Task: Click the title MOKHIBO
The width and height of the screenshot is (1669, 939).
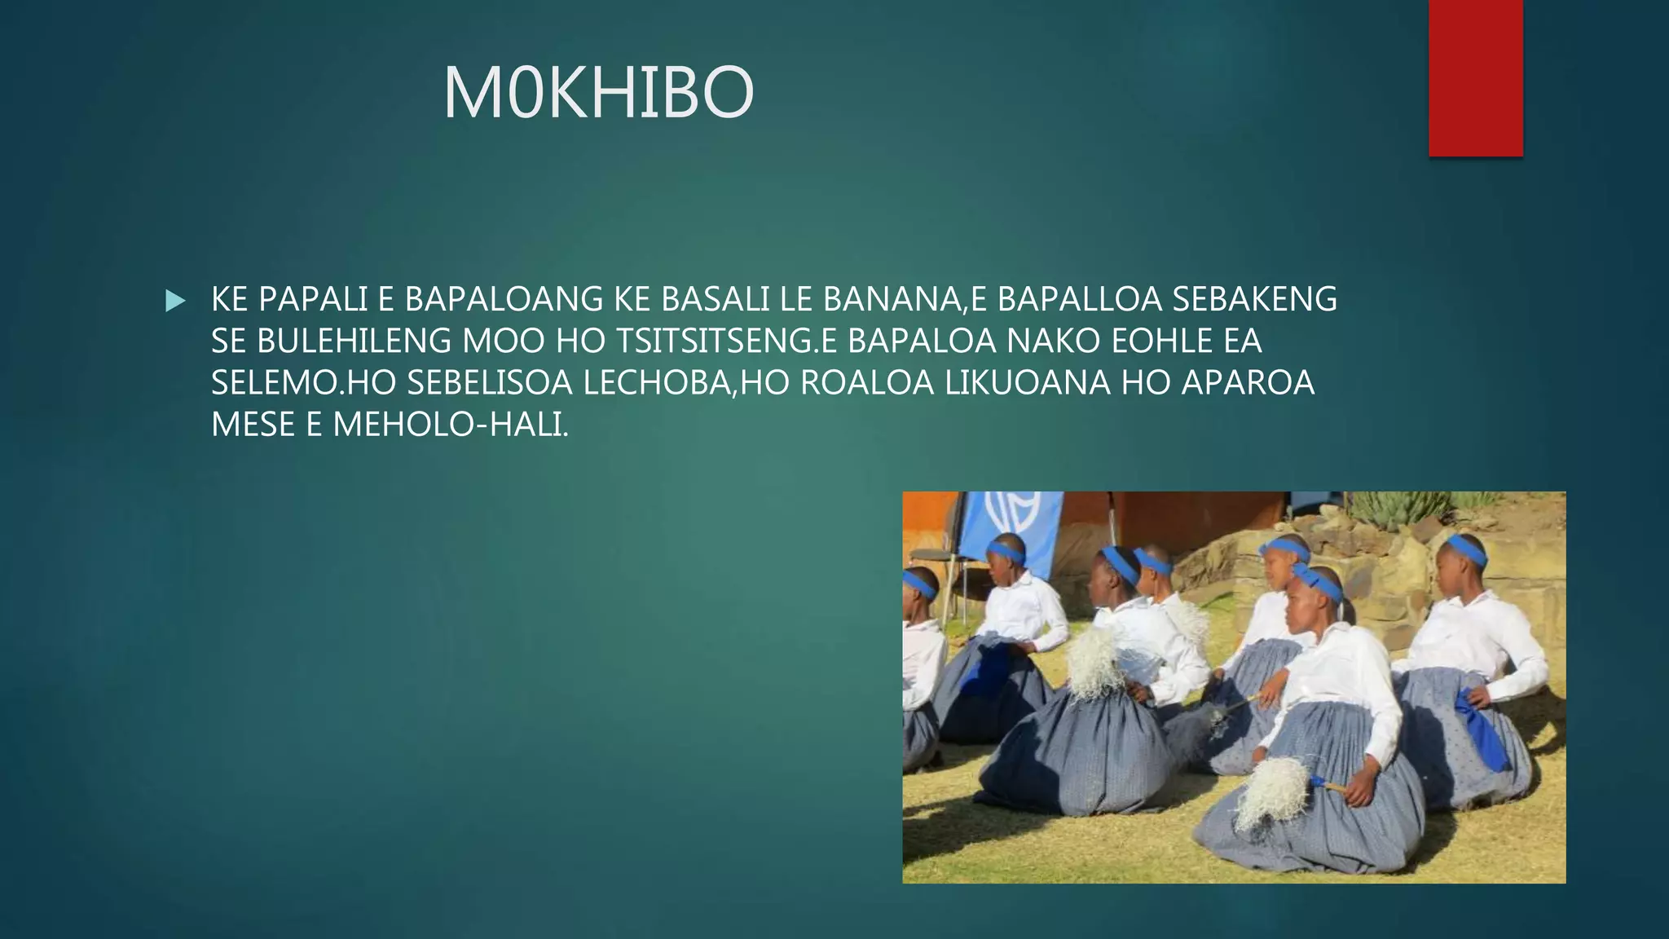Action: point(598,94)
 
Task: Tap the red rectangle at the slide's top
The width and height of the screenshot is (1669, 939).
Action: point(1475,77)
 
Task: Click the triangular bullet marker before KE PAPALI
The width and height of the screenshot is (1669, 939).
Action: point(174,301)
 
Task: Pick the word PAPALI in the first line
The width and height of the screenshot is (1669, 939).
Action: point(313,300)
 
